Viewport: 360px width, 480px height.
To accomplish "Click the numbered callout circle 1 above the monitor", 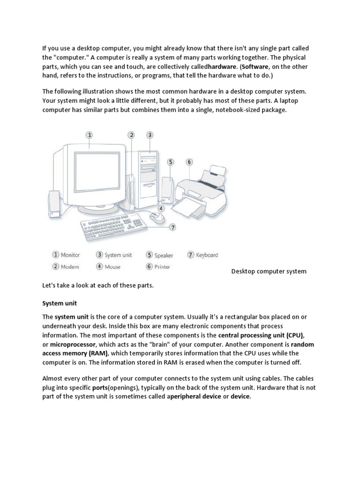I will tap(89, 135).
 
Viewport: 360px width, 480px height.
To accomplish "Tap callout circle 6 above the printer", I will tap(189, 162).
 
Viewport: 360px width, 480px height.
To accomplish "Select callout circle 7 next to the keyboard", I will tap(172, 227).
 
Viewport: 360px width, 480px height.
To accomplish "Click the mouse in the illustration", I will tap(157, 217).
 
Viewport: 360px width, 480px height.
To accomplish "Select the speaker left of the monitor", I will tap(54, 204).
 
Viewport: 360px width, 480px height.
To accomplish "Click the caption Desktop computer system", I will tap(269, 271).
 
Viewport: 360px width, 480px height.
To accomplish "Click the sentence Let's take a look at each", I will tap(98, 285).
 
